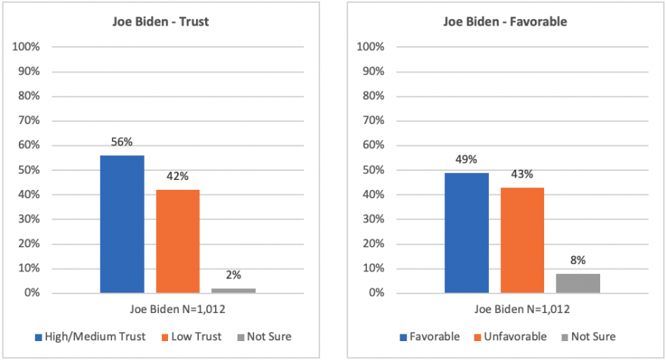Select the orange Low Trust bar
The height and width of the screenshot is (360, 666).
pyautogui.click(x=178, y=241)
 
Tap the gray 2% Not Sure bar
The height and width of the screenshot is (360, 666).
pyautogui.click(x=234, y=290)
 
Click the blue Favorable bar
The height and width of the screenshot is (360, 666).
pyautogui.click(x=466, y=233)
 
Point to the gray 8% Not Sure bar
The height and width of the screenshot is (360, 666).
pyautogui.click(x=578, y=283)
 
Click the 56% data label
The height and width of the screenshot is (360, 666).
pyautogui.click(x=122, y=141)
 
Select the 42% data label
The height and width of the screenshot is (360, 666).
pyautogui.click(x=178, y=175)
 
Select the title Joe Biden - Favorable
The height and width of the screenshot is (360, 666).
pyautogui.click(x=505, y=22)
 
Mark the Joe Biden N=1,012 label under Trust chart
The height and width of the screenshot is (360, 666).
pyautogui.click(x=178, y=309)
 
